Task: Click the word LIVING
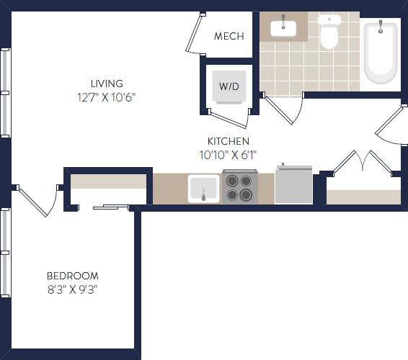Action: (x=107, y=84)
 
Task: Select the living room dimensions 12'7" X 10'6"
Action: (x=107, y=97)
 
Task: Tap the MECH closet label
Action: (x=229, y=36)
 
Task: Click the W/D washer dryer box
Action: (x=229, y=86)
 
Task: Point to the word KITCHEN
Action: (x=229, y=141)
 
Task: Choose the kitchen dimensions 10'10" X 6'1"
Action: (x=229, y=154)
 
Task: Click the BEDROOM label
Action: (x=72, y=276)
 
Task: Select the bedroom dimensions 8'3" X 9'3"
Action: (x=72, y=289)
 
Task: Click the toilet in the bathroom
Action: (x=329, y=32)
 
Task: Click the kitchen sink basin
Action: (x=203, y=189)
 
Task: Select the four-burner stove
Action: (x=239, y=187)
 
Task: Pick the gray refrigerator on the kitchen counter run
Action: (x=293, y=185)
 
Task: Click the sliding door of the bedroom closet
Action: (x=110, y=207)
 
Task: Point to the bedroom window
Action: (x=5, y=252)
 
